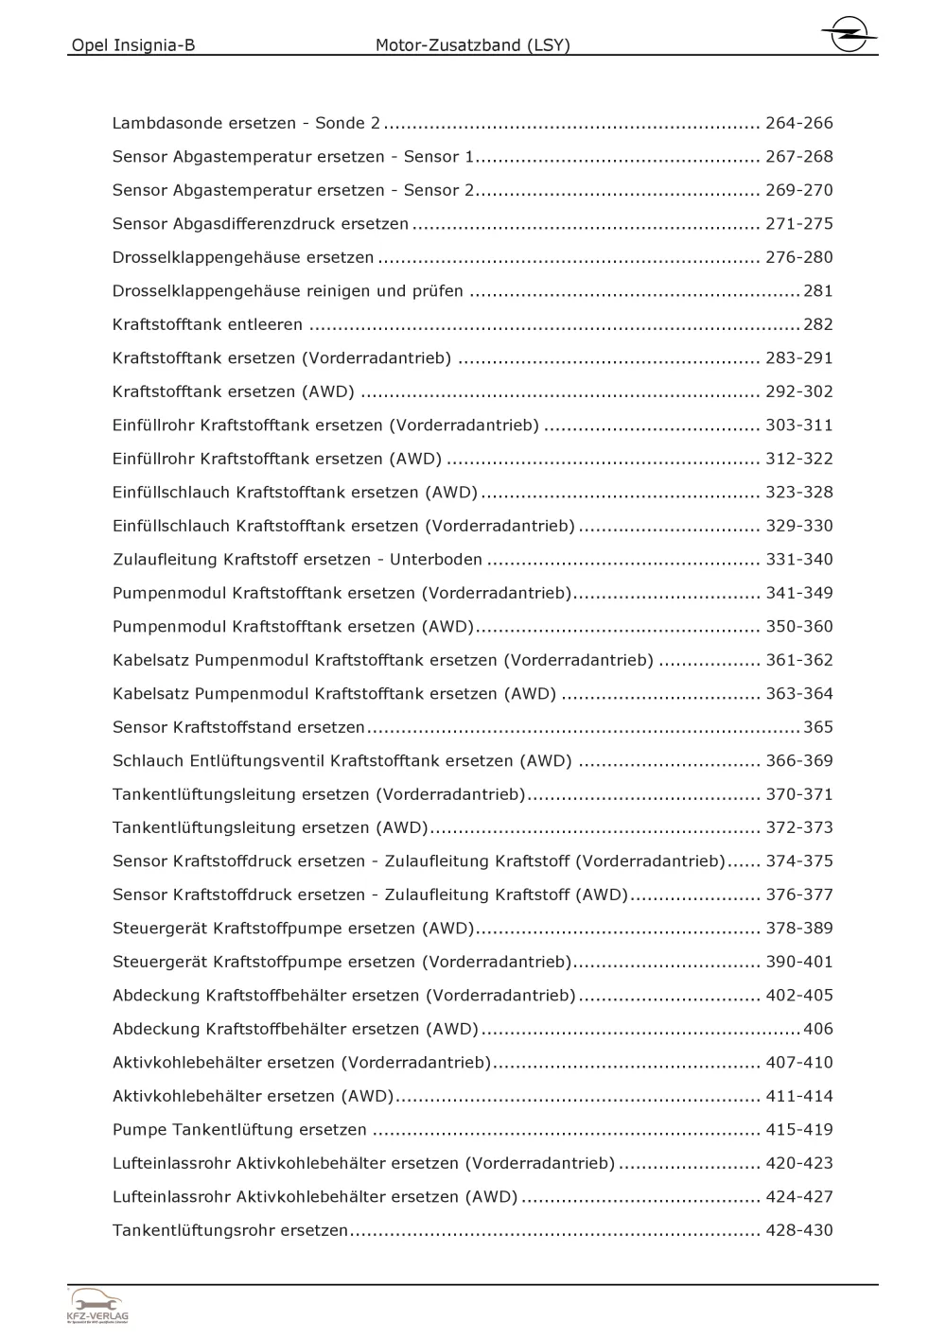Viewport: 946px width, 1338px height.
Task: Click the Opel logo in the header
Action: [x=849, y=35]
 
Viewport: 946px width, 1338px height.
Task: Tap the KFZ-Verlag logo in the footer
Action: [x=98, y=1306]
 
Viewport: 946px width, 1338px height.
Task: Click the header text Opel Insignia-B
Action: [x=133, y=44]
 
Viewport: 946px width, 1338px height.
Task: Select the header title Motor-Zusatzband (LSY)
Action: [x=473, y=44]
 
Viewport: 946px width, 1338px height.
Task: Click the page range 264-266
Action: [x=799, y=123]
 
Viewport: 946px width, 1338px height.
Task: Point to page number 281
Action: [x=818, y=291]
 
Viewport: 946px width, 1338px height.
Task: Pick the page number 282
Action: [x=818, y=324]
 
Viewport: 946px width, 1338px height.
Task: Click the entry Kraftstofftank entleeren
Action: [x=207, y=324]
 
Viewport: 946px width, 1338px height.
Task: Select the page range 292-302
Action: [x=799, y=391]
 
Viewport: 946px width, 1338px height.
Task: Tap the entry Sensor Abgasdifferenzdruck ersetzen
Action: [x=260, y=224]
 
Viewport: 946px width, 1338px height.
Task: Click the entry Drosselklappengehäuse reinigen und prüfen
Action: [x=288, y=291]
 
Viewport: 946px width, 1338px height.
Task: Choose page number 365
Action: [x=818, y=727]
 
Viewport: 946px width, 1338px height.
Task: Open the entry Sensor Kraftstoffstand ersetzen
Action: [x=238, y=727]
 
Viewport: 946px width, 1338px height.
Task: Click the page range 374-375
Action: [x=799, y=861]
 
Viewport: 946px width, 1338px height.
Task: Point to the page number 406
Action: [x=818, y=1029]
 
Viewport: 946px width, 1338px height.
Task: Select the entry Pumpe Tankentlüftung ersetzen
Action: [x=239, y=1130]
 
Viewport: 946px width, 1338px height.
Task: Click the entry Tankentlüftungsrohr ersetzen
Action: [x=230, y=1230]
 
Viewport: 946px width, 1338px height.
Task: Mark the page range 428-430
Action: [x=799, y=1230]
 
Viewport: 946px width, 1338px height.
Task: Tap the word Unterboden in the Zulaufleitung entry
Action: [x=436, y=560]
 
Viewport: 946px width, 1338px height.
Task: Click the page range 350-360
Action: [x=799, y=627]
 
